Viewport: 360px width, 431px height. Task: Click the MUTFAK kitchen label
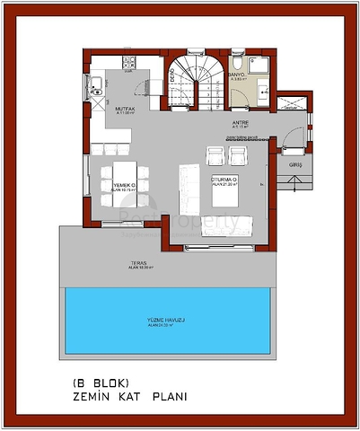pyautogui.click(x=124, y=109)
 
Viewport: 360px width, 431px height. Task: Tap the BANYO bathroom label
pyautogui.click(x=237, y=75)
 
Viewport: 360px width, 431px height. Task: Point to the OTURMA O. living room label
pyautogui.click(x=223, y=180)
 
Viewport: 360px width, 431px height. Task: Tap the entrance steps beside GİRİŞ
pyautogui.click(x=293, y=181)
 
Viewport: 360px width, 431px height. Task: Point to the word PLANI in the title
pyautogui.click(x=168, y=395)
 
